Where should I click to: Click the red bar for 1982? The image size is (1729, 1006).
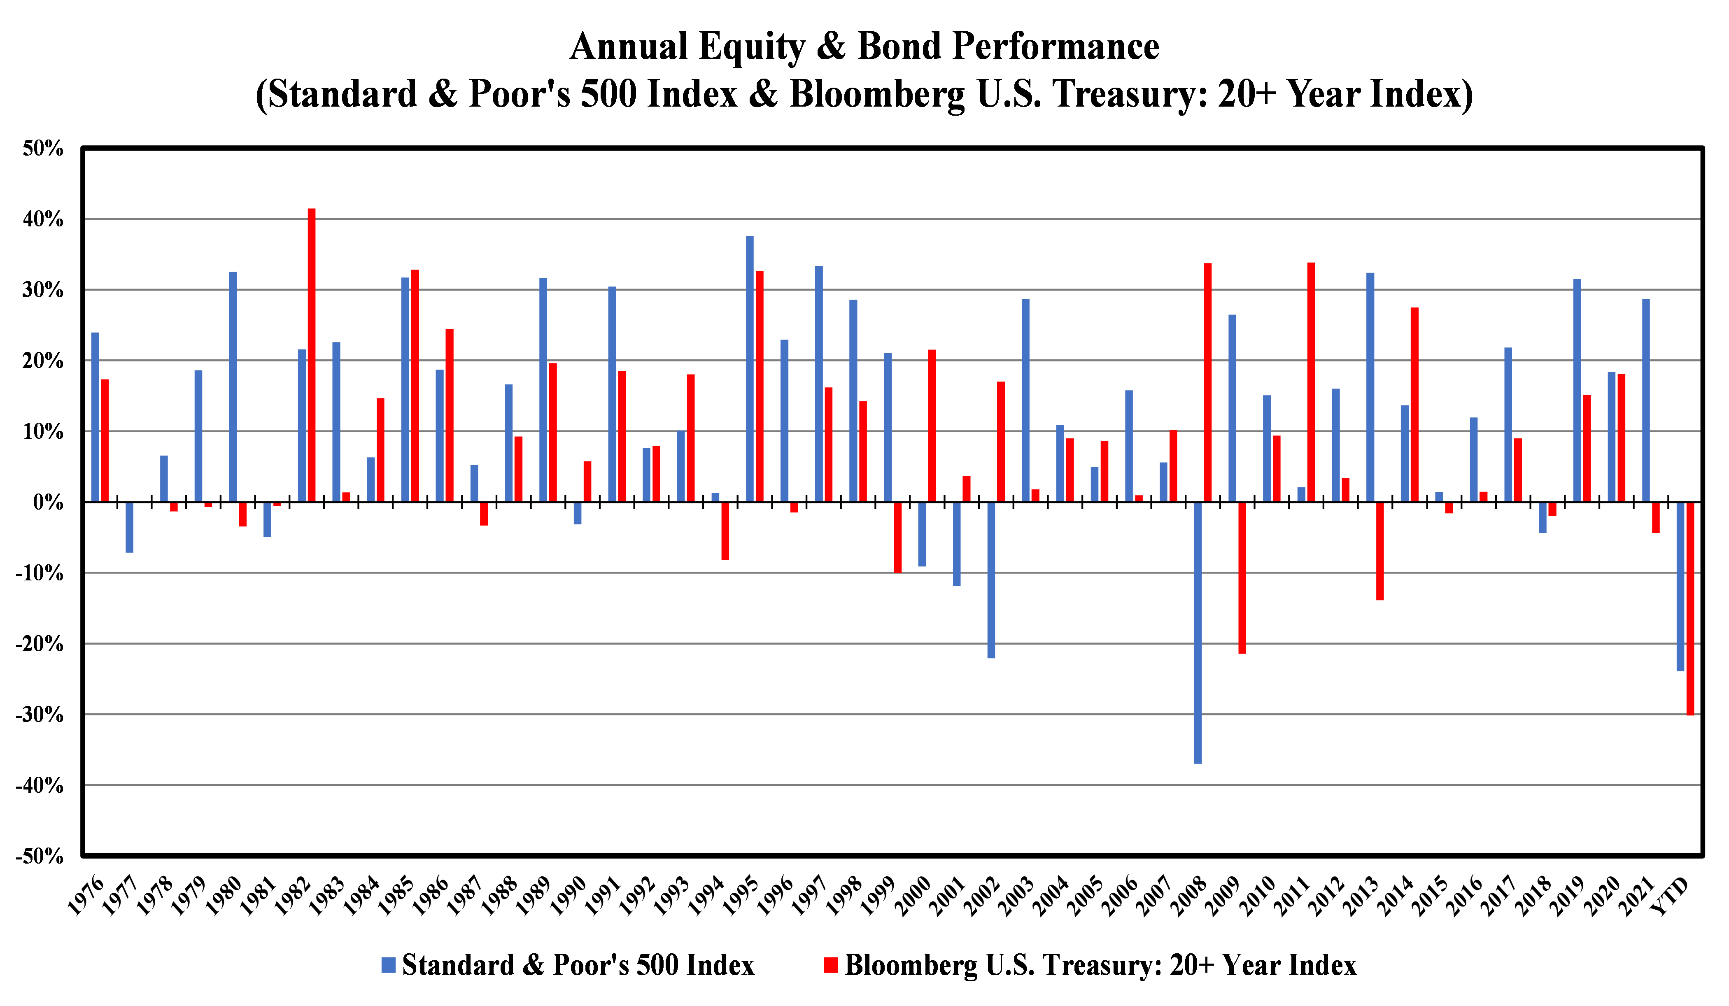(x=312, y=355)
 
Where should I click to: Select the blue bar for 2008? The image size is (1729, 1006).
(x=1198, y=632)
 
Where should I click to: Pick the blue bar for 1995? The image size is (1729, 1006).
(x=750, y=368)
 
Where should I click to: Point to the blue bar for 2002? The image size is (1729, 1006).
(x=991, y=580)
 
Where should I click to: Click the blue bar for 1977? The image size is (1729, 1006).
(x=130, y=527)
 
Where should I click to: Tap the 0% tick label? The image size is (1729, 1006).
(x=48, y=502)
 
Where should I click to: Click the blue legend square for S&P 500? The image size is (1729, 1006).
(x=388, y=965)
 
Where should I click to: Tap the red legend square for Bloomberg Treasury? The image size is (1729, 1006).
(x=831, y=965)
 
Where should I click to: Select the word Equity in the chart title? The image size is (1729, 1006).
(x=751, y=47)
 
